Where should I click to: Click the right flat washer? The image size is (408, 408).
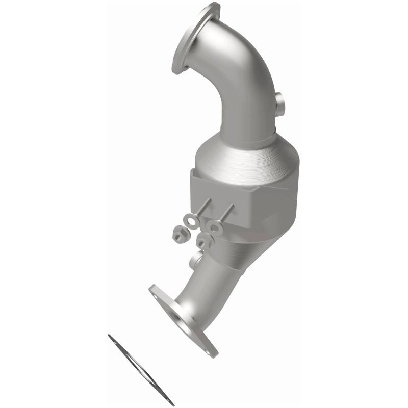(x=214, y=226)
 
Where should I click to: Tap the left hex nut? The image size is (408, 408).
(x=180, y=235)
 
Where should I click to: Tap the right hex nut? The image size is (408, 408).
(x=204, y=241)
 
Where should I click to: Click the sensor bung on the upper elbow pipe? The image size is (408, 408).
(x=280, y=105)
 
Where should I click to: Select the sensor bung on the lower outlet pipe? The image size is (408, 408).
(x=195, y=262)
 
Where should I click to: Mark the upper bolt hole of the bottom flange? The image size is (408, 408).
(x=155, y=291)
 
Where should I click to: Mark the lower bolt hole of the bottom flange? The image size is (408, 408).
(x=210, y=348)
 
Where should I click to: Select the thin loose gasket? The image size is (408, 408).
(x=141, y=370)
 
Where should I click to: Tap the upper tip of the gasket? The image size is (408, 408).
(x=109, y=336)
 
